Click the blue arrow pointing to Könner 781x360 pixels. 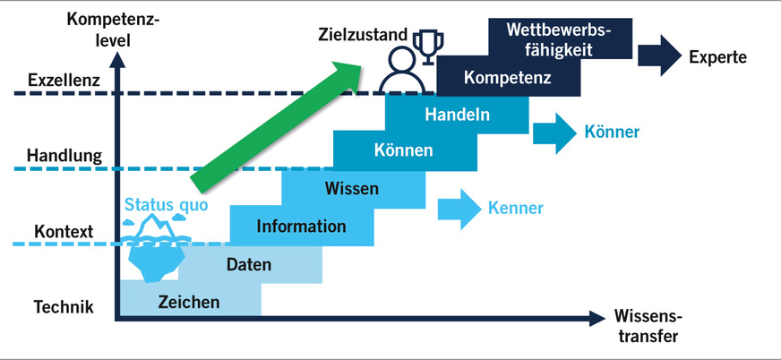(554, 132)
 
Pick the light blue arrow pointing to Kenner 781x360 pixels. (458, 208)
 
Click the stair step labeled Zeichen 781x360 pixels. (188, 302)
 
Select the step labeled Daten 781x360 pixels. (249, 264)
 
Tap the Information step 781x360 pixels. (301, 226)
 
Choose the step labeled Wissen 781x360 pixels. (352, 188)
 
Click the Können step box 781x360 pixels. (404, 149)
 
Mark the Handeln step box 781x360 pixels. (457, 114)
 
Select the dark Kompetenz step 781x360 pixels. (508, 77)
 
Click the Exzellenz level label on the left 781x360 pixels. (63, 79)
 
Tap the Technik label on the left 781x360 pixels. (64, 308)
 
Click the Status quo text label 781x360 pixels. (166, 204)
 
